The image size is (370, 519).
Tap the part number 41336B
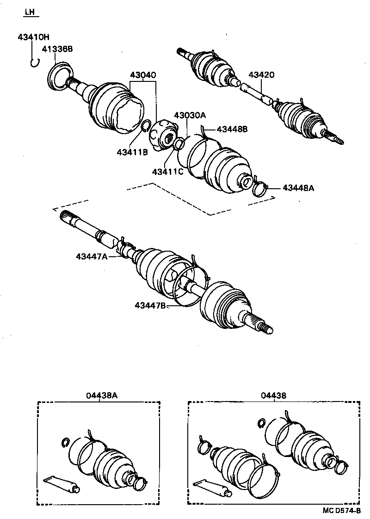click(57, 49)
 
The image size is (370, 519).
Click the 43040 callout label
click(143, 75)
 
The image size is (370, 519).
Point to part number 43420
click(261, 74)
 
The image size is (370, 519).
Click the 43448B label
click(231, 129)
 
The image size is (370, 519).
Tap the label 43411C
click(168, 172)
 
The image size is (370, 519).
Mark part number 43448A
click(298, 188)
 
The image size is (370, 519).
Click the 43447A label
click(92, 256)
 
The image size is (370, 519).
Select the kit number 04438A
click(102, 395)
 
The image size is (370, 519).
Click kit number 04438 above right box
click(273, 395)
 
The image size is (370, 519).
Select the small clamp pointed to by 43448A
click(260, 189)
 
